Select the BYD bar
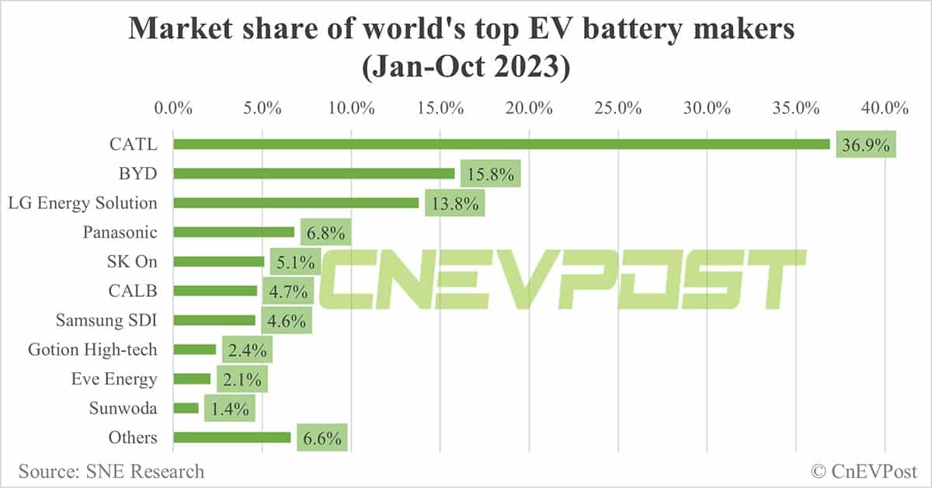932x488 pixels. pos(314,173)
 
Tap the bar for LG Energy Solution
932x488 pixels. pos(296,203)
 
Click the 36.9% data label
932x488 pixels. pos(866,145)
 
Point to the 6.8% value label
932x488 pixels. pos(326,232)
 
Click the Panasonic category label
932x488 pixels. pos(120,232)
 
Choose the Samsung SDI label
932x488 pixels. pos(106,320)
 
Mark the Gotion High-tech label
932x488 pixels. pos(92,350)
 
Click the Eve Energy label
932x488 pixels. pos(114,379)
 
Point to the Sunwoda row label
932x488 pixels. pos(122,409)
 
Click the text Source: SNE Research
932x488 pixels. pos(112,471)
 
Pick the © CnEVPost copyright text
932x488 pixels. pos(864,471)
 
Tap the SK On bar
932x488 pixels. pos(218,262)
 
